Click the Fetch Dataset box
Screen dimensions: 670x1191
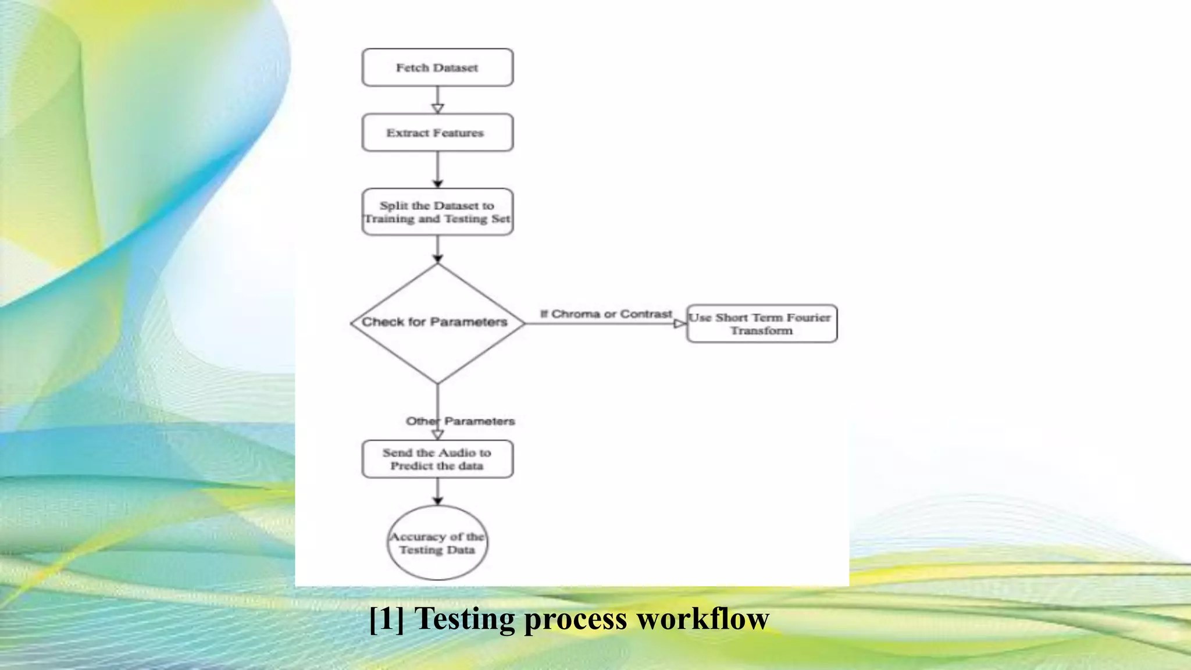coord(437,67)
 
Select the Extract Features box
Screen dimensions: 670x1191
coord(437,133)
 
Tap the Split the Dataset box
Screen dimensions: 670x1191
coord(437,212)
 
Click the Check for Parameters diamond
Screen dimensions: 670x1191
coord(437,323)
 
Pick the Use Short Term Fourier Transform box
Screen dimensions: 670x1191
coord(762,323)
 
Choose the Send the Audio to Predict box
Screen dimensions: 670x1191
coord(437,459)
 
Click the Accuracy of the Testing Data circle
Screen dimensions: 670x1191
coord(437,543)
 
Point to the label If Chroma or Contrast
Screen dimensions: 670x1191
coord(606,314)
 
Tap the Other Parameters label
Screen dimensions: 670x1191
coord(461,421)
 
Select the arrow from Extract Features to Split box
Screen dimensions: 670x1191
coord(438,169)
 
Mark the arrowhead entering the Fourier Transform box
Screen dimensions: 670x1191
coord(680,323)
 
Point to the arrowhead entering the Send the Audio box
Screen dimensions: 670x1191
coord(438,434)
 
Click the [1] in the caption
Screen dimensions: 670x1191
coord(386,618)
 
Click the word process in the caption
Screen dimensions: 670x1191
coord(576,618)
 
